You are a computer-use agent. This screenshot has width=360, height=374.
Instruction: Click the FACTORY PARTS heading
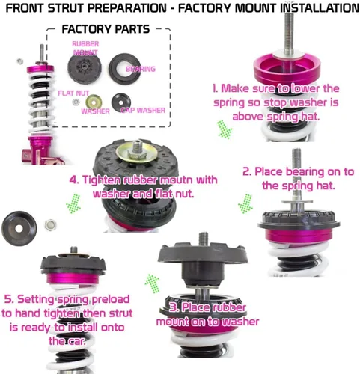click(105, 31)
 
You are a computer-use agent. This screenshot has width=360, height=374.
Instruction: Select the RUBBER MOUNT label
click(85, 49)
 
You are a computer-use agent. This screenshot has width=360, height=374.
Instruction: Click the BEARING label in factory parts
click(141, 69)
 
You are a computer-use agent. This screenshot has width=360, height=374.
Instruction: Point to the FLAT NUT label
click(71, 93)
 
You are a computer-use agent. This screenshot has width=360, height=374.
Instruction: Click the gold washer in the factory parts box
click(94, 102)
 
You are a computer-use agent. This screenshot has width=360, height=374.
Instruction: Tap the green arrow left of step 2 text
click(244, 202)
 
